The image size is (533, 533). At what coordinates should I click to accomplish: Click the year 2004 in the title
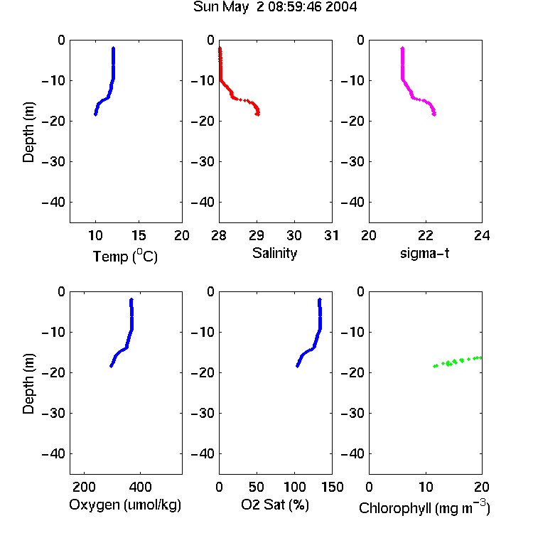[341, 6]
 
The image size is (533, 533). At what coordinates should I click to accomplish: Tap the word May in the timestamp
[235, 7]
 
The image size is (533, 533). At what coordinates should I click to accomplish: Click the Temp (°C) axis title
[125, 257]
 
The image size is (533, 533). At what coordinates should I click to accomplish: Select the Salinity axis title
[274, 253]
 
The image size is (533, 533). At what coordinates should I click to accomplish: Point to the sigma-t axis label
[424, 253]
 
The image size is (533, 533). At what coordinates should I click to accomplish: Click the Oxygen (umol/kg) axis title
[125, 505]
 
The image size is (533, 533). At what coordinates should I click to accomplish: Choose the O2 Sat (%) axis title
[275, 505]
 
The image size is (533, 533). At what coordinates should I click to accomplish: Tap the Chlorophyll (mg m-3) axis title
[424, 507]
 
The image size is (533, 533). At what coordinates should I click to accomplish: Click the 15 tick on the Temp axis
[139, 235]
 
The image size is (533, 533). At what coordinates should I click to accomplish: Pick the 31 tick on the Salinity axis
[331, 235]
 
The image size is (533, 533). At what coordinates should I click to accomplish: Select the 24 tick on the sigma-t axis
[482, 235]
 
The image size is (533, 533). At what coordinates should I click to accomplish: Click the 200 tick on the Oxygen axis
[84, 487]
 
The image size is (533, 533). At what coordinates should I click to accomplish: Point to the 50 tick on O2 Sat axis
[257, 487]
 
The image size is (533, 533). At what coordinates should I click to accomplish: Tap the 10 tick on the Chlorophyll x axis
[426, 487]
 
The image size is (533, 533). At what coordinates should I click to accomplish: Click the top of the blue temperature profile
[114, 48]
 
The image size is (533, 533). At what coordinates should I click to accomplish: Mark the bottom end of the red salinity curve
[258, 114]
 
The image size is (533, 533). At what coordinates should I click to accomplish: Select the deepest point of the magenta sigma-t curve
[434, 114]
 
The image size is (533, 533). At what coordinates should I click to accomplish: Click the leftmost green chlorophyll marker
[434, 366]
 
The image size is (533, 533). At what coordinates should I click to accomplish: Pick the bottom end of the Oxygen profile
[111, 366]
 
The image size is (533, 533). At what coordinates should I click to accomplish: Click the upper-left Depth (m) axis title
[28, 132]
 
